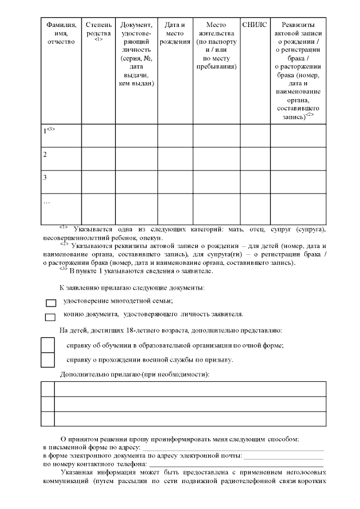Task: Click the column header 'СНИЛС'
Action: point(254,25)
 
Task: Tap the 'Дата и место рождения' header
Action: point(175,33)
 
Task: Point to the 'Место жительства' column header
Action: point(216,46)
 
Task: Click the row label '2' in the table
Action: point(45,154)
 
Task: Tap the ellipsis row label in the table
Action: point(47,201)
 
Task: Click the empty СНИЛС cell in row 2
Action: point(254,158)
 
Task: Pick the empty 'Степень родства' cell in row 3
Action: point(98,182)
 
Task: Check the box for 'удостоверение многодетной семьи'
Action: point(51,303)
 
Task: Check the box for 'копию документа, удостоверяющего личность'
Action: point(51,317)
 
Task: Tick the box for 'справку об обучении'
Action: point(48,345)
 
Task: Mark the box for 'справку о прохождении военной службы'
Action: point(48,359)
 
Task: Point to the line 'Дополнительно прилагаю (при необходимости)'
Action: point(134,374)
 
